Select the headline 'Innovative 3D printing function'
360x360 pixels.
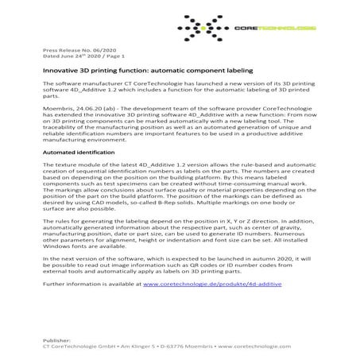tap(95, 72)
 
